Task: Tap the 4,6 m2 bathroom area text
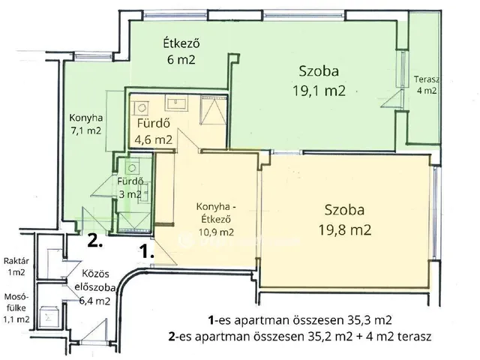click(153, 139)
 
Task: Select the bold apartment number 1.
click(145, 252)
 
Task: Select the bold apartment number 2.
click(94, 241)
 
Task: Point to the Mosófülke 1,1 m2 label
click(16, 307)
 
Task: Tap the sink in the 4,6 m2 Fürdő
click(178, 103)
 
